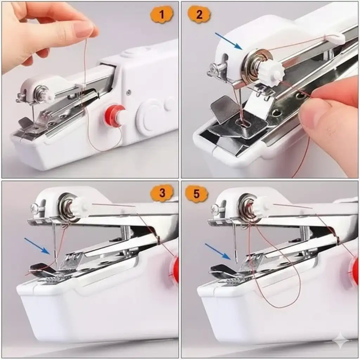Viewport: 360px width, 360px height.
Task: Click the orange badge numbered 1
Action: [x=161, y=14]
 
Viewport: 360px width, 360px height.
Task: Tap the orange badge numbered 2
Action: [x=199, y=14]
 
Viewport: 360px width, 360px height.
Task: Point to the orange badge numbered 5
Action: [x=197, y=194]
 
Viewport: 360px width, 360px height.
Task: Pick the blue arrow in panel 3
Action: [x=37, y=246]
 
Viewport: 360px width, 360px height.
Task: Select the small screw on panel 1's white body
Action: [x=129, y=92]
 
